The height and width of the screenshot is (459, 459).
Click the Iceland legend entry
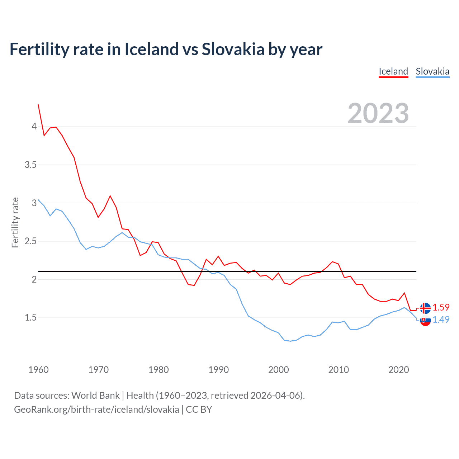click(393, 71)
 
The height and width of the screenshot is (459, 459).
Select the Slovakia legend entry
click(432, 71)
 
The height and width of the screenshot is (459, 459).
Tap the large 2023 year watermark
click(378, 113)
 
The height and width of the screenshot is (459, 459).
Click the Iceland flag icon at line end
click(425, 308)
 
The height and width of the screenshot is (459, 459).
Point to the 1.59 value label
click(441, 307)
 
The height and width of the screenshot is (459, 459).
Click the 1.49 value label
click(441, 320)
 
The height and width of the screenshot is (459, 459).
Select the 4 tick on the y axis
click(34, 126)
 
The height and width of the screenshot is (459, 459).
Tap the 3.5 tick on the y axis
click(30, 165)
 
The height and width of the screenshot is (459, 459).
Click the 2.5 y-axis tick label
click(30, 241)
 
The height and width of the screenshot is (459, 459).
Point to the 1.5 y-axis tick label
click(30, 317)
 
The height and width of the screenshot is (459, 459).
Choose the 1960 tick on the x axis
click(38, 370)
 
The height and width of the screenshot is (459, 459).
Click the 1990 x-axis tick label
click(218, 370)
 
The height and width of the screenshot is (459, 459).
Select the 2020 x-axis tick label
click(398, 370)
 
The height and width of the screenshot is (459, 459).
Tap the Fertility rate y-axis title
click(15, 222)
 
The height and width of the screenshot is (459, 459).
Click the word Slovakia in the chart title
click(233, 49)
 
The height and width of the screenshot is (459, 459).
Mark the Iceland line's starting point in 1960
click(38, 105)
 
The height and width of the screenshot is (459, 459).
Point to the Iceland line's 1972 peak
click(110, 196)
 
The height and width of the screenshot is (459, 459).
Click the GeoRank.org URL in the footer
click(96, 410)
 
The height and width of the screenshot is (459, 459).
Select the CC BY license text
click(199, 410)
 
